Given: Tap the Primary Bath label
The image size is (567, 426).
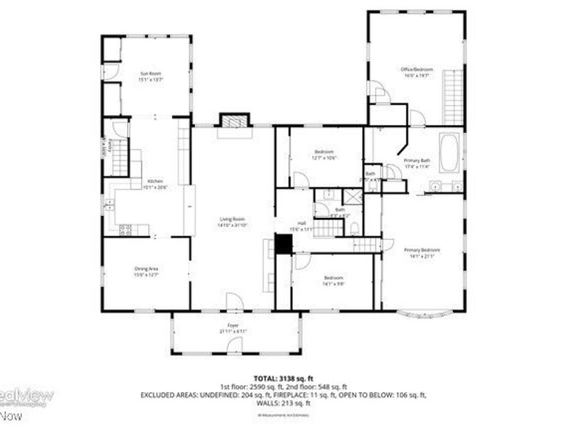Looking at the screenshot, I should click(x=417, y=161).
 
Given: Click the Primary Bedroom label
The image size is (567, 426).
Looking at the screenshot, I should click(x=422, y=250).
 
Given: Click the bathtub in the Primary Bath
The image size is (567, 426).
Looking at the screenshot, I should click(x=449, y=153).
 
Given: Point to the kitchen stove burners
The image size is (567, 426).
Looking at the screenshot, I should click(x=126, y=229).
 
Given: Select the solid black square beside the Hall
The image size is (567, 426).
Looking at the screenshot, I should click(x=283, y=244).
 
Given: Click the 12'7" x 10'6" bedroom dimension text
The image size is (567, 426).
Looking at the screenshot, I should click(x=324, y=158).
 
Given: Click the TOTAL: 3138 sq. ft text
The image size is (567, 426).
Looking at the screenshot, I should click(x=283, y=378).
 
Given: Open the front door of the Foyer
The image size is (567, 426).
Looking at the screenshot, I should click(x=232, y=346).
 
